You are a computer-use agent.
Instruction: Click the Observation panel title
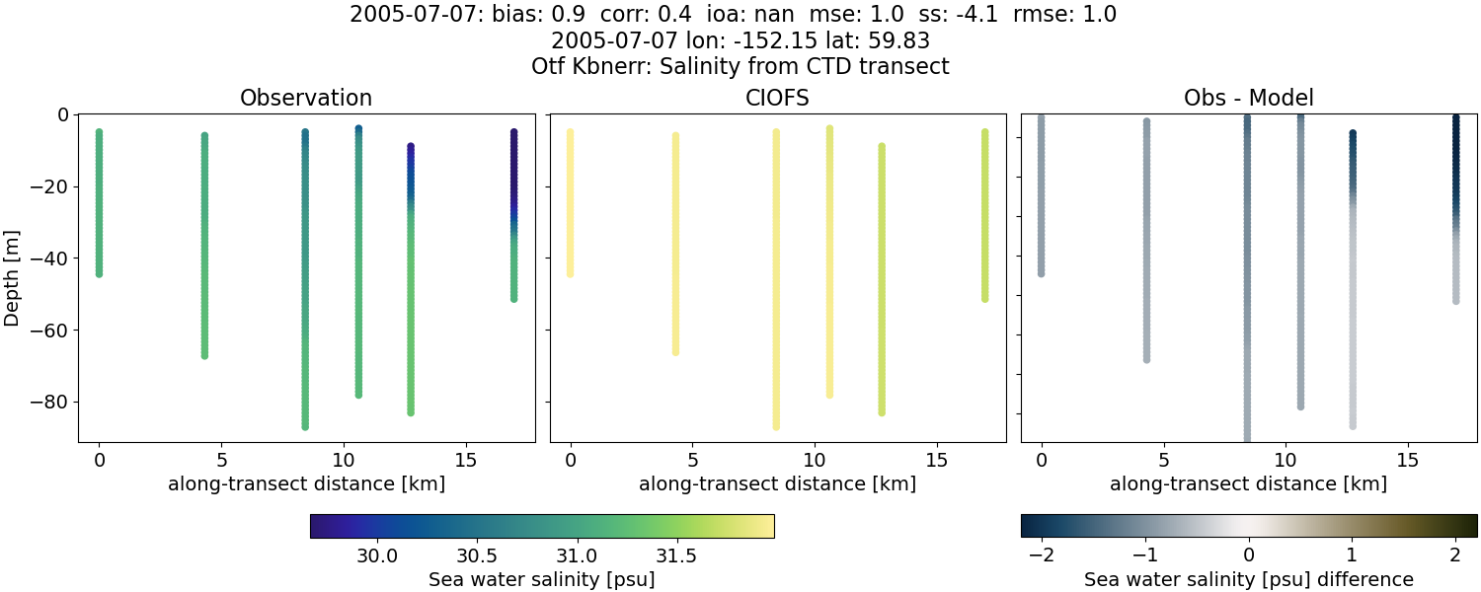(x=306, y=98)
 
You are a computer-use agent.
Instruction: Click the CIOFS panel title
(x=778, y=98)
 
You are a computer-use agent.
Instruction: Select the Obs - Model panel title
(x=1249, y=98)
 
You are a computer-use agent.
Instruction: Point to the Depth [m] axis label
(x=12, y=277)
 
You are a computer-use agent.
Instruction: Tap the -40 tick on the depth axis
(x=47, y=259)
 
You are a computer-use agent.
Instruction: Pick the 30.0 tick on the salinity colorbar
(x=377, y=555)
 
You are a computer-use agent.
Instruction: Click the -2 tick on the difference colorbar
(x=1042, y=555)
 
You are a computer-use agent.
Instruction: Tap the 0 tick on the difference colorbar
(x=1249, y=555)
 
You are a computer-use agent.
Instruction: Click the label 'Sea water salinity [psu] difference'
(x=1249, y=579)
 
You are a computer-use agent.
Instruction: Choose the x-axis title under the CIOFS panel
(x=778, y=484)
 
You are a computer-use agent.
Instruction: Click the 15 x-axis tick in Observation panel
(x=465, y=460)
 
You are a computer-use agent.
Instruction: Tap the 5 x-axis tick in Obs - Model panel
(x=1164, y=460)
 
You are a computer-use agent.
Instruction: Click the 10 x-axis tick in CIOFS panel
(x=815, y=460)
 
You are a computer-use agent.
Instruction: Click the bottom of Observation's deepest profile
(x=305, y=426)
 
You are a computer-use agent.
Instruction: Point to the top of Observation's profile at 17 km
(x=513, y=131)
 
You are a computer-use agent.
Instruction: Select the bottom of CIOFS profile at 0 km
(x=570, y=273)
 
